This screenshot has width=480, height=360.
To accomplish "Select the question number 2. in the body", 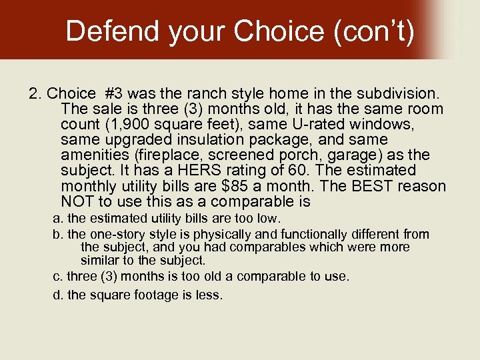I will pyautogui.click(x=36, y=93).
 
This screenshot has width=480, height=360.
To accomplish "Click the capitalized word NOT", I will pyautogui.click(x=77, y=201).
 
